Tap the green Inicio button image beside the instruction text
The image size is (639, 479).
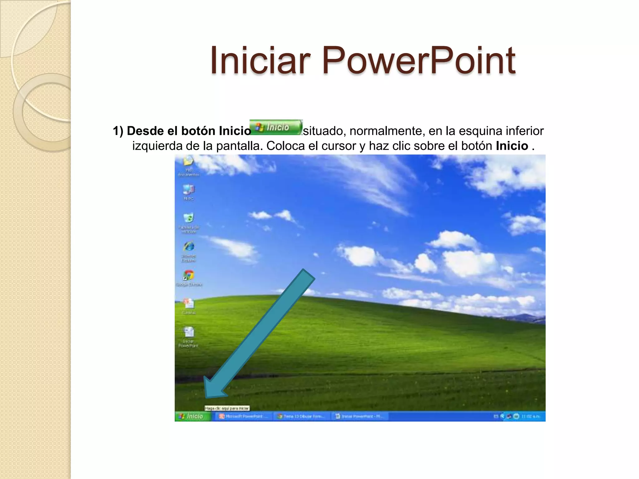[276, 128]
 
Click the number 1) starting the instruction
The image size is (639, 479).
[118, 131]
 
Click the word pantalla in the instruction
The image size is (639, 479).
[239, 146]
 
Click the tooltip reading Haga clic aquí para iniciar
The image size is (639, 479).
[227, 408]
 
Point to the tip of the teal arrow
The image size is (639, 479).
[206, 397]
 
